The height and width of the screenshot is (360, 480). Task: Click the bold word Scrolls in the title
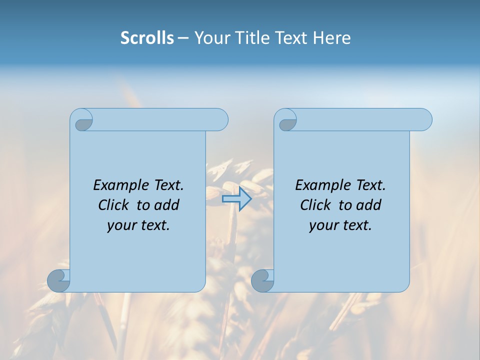pyautogui.click(x=147, y=38)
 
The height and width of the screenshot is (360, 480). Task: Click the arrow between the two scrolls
pyautogui.click(x=236, y=198)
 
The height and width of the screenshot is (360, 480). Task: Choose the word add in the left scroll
pyautogui.click(x=167, y=205)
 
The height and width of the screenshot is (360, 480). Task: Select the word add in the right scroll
pyautogui.click(x=369, y=205)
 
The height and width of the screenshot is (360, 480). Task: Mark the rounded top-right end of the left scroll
pyautogui.click(x=220, y=120)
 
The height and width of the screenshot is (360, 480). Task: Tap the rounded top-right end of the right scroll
pyautogui.click(x=424, y=120)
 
